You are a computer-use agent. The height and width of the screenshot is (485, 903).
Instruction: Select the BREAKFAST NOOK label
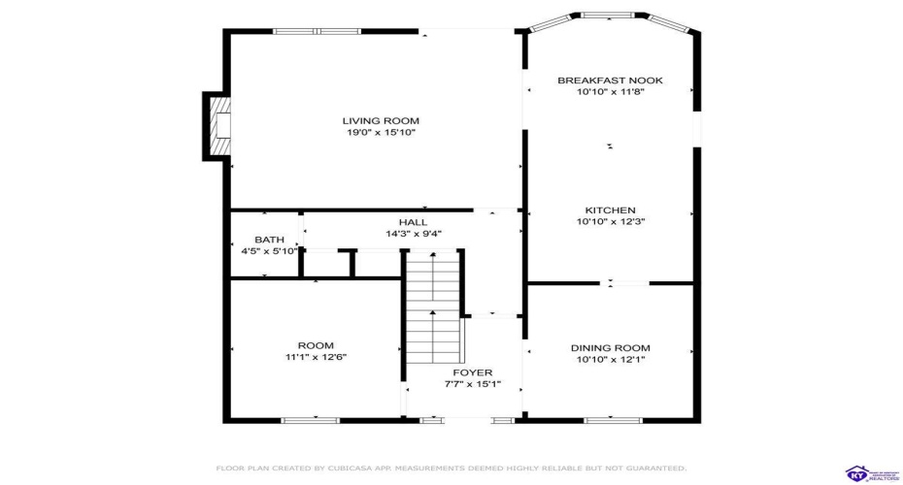pos(610,81)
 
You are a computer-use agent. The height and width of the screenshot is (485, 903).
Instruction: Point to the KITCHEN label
pos(610,210)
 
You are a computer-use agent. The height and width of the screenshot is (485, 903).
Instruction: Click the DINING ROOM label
pos(610,347)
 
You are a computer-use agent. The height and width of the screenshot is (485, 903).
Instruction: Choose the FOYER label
pos(472,372)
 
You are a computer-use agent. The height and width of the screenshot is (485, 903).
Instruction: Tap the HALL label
pos(413,222)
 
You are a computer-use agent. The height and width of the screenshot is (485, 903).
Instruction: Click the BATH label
pos(269,240)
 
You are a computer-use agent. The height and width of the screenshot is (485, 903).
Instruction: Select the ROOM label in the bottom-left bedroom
pos(316,345)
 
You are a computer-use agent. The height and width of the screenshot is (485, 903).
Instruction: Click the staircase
pos(433,307)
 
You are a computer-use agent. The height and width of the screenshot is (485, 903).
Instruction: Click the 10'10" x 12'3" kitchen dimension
pos(610,222)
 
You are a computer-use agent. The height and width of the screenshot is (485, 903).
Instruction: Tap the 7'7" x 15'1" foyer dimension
pos(472,384)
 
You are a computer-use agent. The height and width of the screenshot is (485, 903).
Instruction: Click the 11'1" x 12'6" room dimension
pos(316,357)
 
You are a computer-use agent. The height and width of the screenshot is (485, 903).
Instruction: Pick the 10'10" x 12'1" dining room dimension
pos(610,359)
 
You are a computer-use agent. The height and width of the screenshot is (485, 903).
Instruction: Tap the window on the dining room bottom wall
pos(613,420)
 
